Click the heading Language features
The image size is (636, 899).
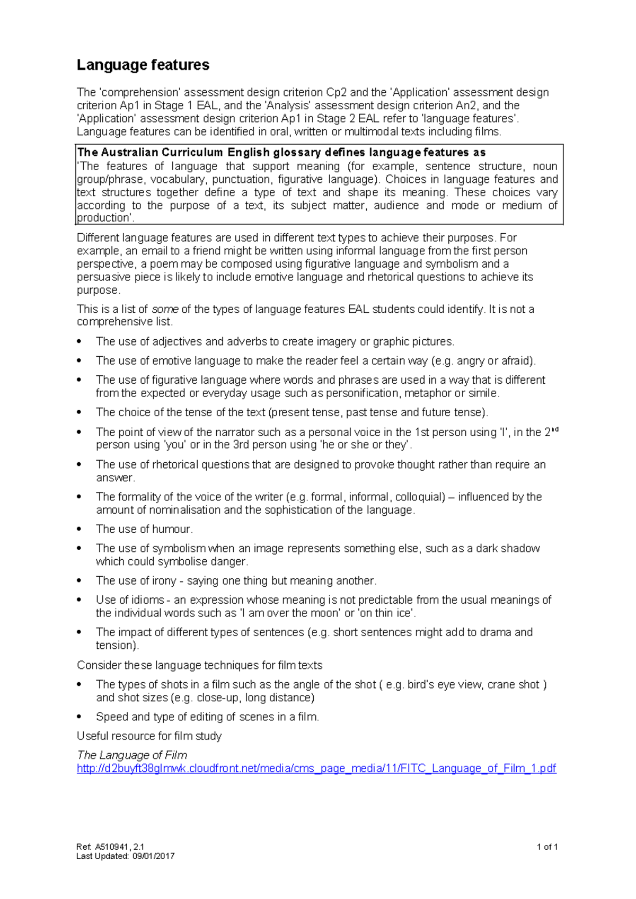[143, 65]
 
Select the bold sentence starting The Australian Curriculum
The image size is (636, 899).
[281, 153]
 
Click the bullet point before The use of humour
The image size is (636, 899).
[79, 530]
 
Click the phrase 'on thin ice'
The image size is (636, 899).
[387, 613]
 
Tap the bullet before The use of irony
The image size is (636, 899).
[79, 581]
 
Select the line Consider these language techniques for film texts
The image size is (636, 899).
[199, 665]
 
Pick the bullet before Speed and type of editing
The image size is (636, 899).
[79, 717]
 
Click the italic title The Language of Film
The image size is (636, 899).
[132, 755]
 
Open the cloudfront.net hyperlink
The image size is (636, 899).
[316, 769]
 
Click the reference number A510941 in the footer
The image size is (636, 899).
[112, 847]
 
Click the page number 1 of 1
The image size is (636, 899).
[547, 847]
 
